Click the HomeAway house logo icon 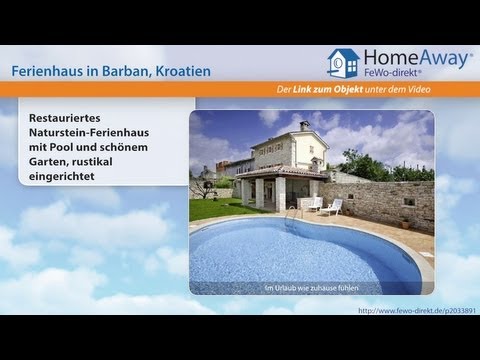click(342, 63)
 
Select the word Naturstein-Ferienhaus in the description click(92, 130)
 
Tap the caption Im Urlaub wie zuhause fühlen click(311, 288)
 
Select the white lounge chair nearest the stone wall click(333, 207)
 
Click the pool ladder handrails click(292, 213)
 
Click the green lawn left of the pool click(213, 209)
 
